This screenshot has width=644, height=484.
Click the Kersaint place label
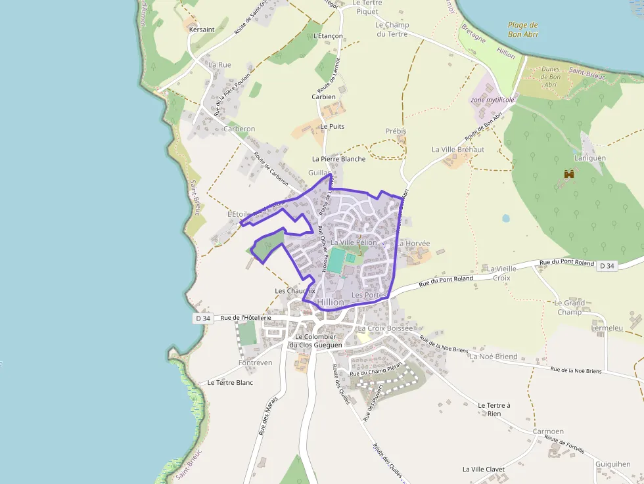tap(202, 30)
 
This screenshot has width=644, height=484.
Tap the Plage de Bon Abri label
tap(522, 30)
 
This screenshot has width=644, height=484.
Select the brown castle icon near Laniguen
tap(569, 174)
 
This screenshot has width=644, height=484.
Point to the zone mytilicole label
tap(492, 100)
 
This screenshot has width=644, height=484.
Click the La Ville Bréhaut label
tap(458, 150)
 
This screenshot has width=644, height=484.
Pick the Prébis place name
tap(396, 131)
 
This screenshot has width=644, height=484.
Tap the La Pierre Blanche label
tap(338, 159)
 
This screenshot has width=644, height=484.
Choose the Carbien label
tap(323, 97)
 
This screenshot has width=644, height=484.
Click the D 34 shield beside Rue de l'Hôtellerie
tap(203, 318)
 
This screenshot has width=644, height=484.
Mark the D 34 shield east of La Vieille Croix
tap(607, 266)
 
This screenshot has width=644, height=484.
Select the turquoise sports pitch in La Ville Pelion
tap(336, 261)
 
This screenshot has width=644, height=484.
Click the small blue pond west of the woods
tap(505, 218)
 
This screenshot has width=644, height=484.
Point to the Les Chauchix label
tap(295, 291)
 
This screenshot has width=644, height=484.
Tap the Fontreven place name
tap(256, 363)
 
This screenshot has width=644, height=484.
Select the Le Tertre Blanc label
tap(230, 382)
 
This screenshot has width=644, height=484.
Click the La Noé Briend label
tap(494, 357)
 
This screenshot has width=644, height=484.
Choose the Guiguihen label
tap(612, 464)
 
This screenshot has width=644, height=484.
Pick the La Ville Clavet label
tap(484, 470)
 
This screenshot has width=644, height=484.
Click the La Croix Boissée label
tap(385, 328)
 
